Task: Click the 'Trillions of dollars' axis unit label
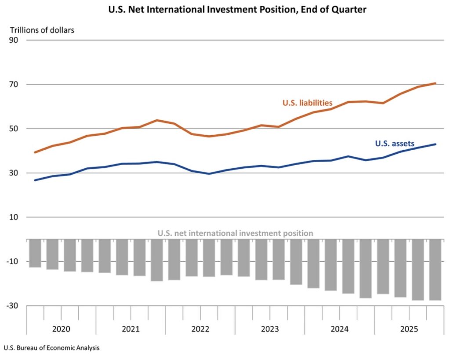42,30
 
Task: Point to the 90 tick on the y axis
19,40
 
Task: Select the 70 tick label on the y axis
19,84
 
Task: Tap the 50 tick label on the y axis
19,129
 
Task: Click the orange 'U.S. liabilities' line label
307,103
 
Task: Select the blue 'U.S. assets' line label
395,143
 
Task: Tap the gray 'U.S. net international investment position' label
235,233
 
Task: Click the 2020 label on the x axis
61,329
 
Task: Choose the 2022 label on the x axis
200,329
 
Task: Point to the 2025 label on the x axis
409,329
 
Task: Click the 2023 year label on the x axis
270,329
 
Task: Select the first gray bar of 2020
35,253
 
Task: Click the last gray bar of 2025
435,270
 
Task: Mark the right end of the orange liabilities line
435,83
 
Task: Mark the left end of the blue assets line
35,180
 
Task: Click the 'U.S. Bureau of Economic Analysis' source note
51,348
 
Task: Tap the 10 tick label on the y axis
19,217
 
